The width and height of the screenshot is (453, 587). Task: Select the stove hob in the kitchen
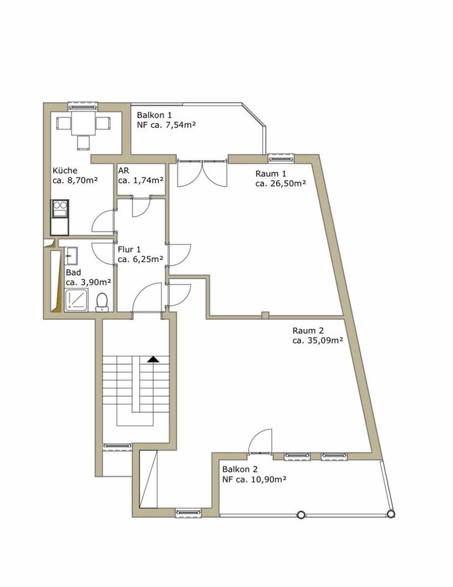click(x=61, y=209)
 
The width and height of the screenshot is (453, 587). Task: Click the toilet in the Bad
click(x=103, y=301)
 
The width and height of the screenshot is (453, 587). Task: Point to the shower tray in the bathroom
click(x=78, y=300)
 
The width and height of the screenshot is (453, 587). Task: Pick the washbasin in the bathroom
click(x=71, y=254)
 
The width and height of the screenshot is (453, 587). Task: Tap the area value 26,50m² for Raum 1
click(x=281, y=183)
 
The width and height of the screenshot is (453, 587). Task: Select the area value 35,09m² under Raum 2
click(x=317, y=341)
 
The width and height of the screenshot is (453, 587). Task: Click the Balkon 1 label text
click(x=155, y=115)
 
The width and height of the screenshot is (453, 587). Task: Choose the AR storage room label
click(x=123, y=171)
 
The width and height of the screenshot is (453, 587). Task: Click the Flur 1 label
click(x=130, y=249)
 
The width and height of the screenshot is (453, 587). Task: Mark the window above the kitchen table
click(x=83, y=105)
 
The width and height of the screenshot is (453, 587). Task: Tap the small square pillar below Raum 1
click(x=265, y=316)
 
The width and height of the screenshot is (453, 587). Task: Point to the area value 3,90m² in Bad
click(x=89, y=282)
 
